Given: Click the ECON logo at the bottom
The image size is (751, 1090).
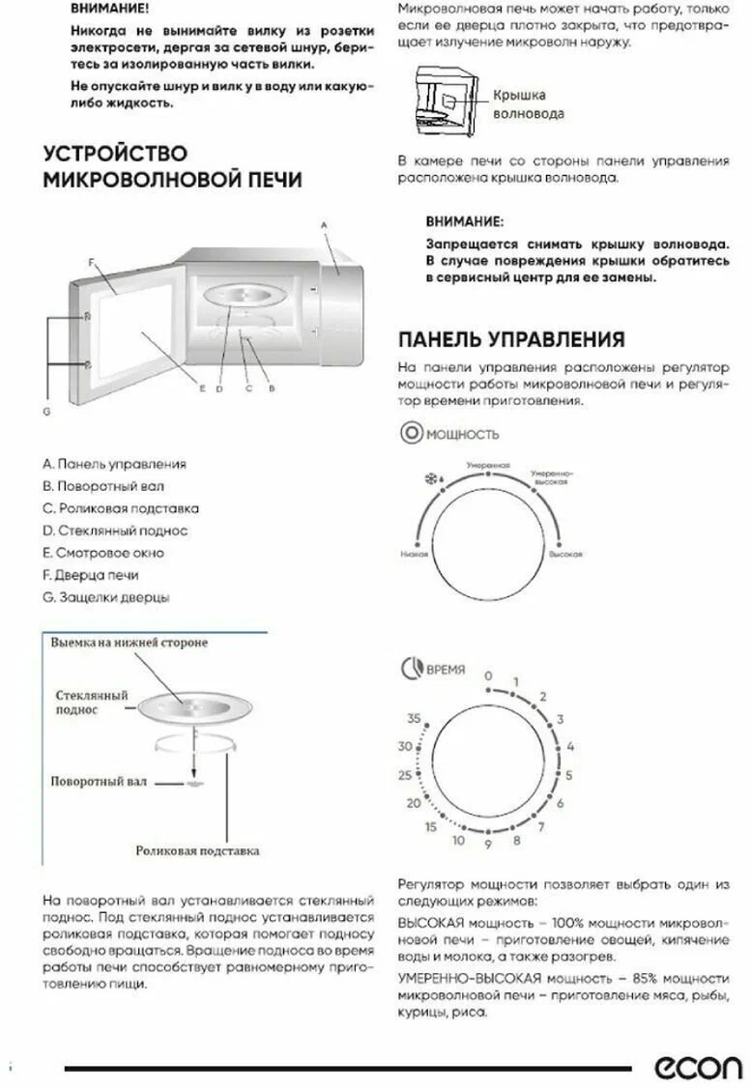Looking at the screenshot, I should [x=699, y=1066].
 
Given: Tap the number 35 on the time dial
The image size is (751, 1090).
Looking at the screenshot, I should [x=415, y=719].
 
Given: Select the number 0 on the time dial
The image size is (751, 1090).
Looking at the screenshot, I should [x=488, y=675].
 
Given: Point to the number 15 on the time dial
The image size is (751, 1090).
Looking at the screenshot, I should [x=432, y=826].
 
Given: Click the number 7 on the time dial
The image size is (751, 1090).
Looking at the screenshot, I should [x=541, y=826].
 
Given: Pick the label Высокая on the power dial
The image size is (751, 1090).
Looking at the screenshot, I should [x=564, y=556].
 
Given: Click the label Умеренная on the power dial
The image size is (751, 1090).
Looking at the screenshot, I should [x=487, y=466].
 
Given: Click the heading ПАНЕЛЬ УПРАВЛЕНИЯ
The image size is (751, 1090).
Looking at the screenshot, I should [x=511, y=339].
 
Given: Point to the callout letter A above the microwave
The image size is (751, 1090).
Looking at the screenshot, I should [x=325, y=224].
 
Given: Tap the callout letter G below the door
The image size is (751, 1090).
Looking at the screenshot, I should [x=45, y=413].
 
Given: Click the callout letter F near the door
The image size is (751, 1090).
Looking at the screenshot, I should [x=89, y=262].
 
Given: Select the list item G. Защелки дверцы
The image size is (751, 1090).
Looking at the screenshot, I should [x=106, y=597].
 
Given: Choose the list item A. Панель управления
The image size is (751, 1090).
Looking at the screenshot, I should [x=114, y=464].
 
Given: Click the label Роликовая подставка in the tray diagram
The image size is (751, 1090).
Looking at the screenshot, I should [x=197, y=851].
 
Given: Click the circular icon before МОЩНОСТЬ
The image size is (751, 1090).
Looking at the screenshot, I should [x=410, y=433].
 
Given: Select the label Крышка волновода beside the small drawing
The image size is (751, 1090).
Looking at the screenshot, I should [x=527, y=104].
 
